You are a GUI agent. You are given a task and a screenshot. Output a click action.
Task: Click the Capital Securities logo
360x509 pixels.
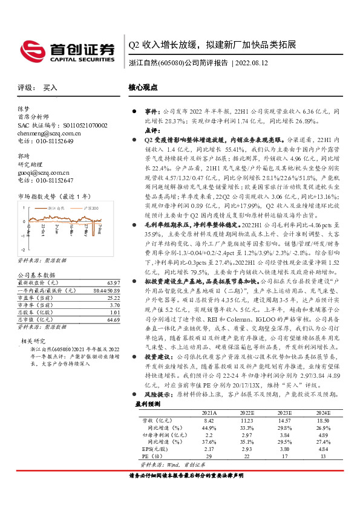[67, 51]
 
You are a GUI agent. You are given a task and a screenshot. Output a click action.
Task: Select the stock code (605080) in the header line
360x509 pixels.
[171, 62]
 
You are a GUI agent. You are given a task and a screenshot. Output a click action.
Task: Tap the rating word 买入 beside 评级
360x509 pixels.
[50, 88]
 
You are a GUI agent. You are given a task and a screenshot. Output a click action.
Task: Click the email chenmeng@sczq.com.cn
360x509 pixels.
[47, 132]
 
